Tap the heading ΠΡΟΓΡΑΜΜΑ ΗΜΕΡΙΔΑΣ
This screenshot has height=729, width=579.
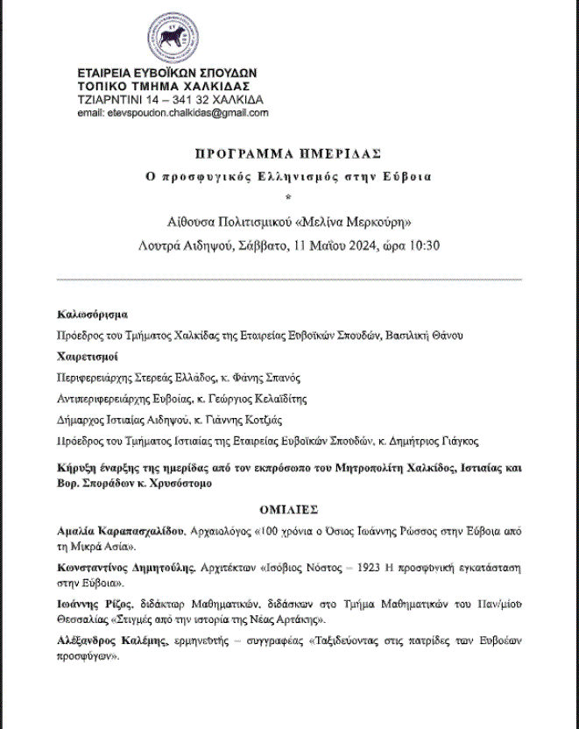[288, 153]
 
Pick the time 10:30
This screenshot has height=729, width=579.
[420, 244]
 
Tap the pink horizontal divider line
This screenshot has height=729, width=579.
[288, 280]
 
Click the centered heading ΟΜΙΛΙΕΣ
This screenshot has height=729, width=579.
[288, 508]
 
